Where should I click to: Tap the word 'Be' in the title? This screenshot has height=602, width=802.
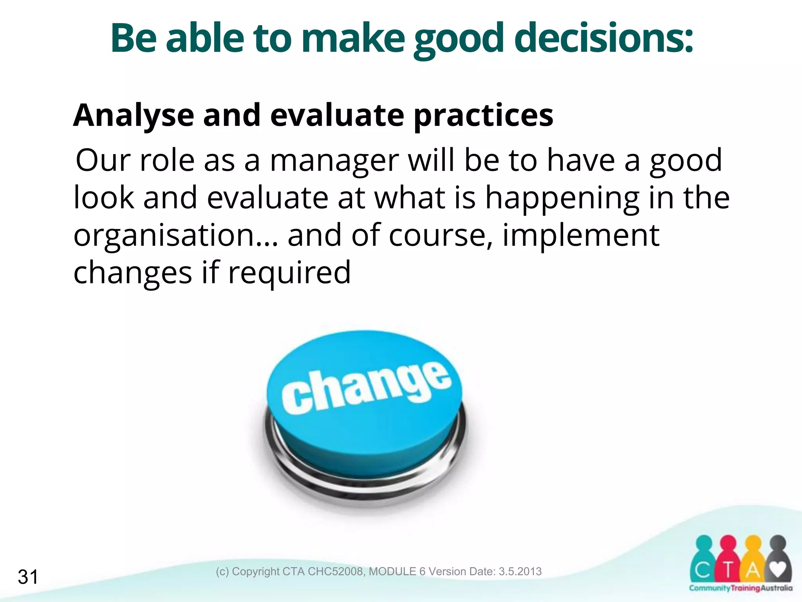point(134,38)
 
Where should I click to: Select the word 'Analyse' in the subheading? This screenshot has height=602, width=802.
point(134,116)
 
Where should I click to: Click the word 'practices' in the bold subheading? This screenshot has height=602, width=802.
point(483,116)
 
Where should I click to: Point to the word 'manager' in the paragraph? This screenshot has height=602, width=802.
point(334,161)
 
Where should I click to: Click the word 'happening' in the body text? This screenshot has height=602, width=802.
point(562,198)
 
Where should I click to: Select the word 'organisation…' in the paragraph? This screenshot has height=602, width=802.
point(176,235)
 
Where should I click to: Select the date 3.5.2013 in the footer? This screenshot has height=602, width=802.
point(520,571)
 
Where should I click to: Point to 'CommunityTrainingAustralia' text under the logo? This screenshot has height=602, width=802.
point(741,588)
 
